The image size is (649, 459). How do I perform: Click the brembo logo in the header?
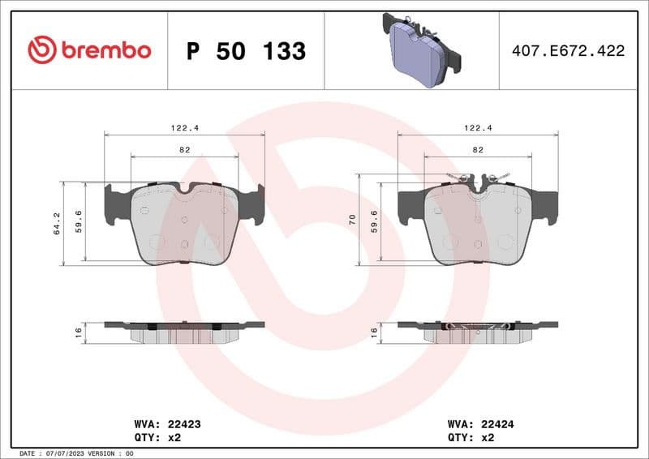pos(89,50)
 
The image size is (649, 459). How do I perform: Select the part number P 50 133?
pos(246,51)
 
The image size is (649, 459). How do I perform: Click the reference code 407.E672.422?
pos(568,51)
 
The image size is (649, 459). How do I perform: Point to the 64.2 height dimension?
pos(58,223)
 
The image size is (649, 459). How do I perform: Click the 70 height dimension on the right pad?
pos(352,219)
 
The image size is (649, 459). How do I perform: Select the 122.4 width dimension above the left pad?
pos(184,127)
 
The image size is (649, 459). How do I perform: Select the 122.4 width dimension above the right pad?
pos(478,127)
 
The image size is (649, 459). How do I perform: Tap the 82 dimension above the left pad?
pos(184,150)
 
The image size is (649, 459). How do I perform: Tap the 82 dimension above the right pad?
pos(478,150)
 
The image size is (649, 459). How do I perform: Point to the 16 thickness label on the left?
pos(79,332)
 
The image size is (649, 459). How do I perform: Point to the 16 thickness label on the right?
pos(373,332)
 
